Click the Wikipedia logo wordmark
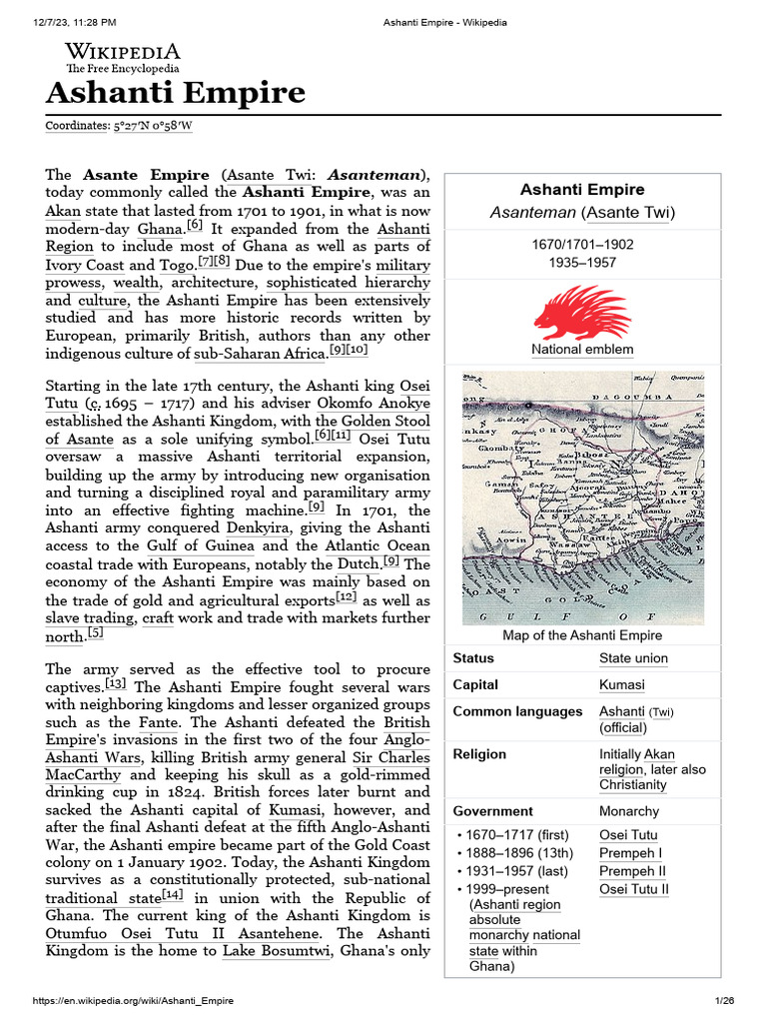tap(123, 51)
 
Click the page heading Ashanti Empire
tap(175, 93)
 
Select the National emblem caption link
tap(582, 350)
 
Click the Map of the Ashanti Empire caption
tap(582, 635)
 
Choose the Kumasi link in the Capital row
tap(621, 685)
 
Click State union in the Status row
tap(633, 658)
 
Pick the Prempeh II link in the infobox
tap(631, 871)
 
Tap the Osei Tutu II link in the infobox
tap(634, 889)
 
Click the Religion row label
tap(479, 754)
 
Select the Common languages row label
tap(517, 711)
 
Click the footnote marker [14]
tap(172, 896)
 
